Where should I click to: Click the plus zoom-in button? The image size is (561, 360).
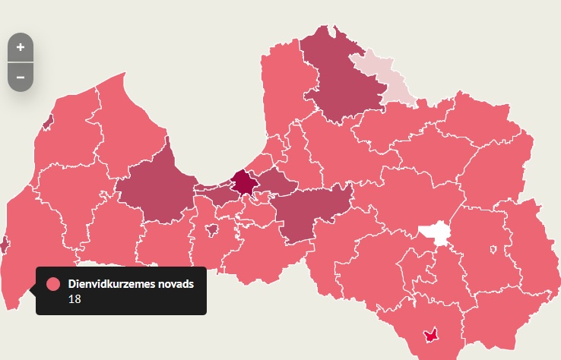pos(21,47)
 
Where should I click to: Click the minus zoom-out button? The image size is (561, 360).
pos(21,77)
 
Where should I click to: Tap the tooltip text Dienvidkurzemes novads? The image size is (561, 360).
pos(131,284)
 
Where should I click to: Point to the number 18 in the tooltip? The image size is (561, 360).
pos(74,298)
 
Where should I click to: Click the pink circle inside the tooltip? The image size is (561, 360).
pos(53,284)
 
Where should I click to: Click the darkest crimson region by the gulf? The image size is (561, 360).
pos(243,182)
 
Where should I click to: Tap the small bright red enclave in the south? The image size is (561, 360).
pos(430,334)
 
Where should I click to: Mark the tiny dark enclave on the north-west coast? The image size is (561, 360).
pos(48,121)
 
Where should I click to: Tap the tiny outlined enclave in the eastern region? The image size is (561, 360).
pos(495,249)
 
